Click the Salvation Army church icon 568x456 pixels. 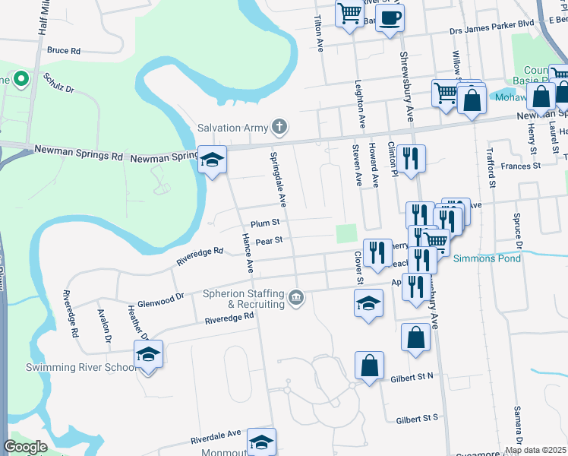tap(280, 127)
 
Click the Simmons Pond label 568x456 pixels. tap(487, 258)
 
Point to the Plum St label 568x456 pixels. tap(266, 223)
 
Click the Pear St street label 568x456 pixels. tap(269, 241)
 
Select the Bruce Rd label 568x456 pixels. tap(64, 51)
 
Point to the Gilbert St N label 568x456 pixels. tap(412, 376)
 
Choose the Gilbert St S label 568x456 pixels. tap(418, 418)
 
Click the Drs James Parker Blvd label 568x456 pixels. tap(491, 24)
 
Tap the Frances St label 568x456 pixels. tap(520, 165)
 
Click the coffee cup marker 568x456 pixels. tap(390, 18)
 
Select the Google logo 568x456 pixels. tap(25, 447)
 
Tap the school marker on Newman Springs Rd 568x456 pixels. tap(213, 159)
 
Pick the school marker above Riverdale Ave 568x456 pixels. tap(261, 442)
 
